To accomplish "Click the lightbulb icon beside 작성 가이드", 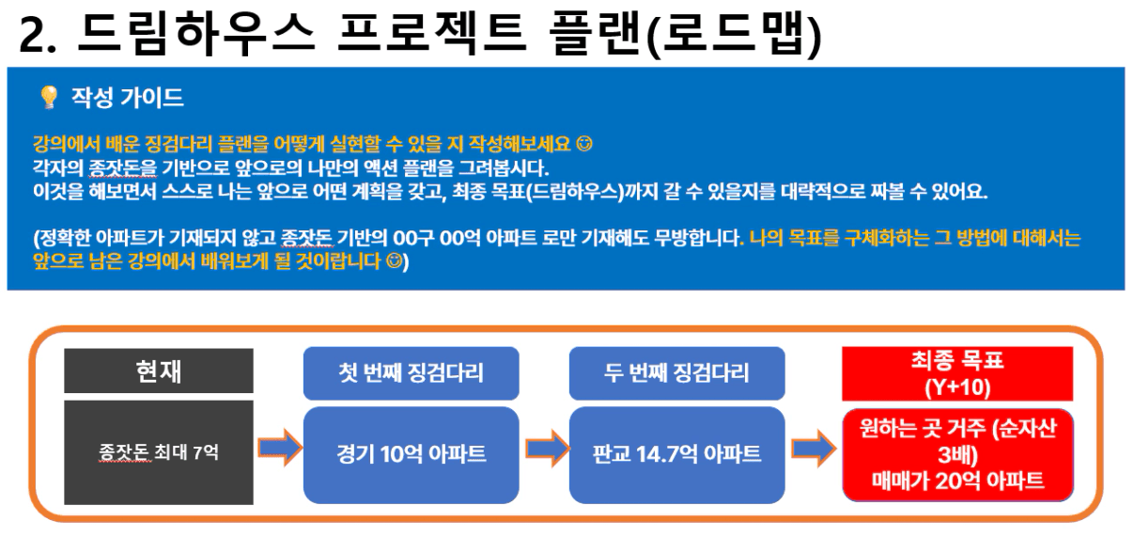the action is point(49,97).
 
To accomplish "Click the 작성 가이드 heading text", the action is point(127,97).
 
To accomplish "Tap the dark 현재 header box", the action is point(159,371).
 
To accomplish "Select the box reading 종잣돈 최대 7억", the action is point(159,452).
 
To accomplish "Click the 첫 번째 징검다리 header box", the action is point(412,373).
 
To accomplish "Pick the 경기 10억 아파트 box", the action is point(412,454).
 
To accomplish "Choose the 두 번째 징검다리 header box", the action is point(676,373).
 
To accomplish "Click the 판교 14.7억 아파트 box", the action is point(676,454).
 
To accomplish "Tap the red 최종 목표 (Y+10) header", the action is point(957,374).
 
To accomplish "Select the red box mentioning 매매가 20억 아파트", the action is point(957,455).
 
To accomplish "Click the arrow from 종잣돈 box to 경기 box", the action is point(280,448).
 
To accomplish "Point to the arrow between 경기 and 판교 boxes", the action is point(547,449).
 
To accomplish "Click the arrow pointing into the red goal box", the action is point(814,449).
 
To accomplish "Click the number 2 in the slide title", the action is point(33,35).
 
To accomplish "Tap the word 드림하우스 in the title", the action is point(196,34).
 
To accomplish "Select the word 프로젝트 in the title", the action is point(431,34).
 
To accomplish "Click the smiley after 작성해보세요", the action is point(584,145).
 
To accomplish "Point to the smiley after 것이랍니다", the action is point(395,261).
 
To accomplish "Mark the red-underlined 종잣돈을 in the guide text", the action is point(122,168).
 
